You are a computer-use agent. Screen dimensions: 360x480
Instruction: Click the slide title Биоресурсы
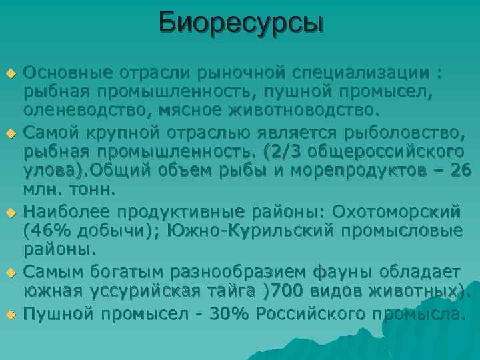241,23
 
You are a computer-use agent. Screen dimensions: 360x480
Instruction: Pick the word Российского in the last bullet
306,313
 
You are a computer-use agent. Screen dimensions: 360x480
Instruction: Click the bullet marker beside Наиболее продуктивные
11,213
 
